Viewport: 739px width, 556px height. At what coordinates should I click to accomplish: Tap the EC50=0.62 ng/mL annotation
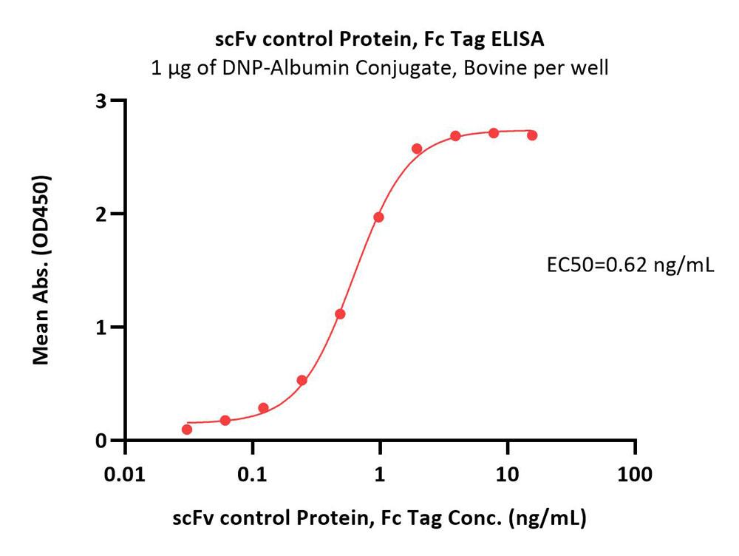point(629,265)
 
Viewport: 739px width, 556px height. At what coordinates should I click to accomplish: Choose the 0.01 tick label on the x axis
point(125,474)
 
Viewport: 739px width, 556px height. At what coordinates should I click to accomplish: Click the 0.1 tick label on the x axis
point(253,474)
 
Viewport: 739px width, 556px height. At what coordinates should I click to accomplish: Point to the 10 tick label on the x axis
point(507,474)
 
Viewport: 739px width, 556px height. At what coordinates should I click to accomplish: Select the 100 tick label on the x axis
point(635,474)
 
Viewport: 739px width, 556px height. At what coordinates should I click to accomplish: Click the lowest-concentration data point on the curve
point(187,430)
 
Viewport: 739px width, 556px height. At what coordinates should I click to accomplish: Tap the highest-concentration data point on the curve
point(532,135)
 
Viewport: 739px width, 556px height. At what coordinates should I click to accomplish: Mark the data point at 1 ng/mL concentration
point(378,217)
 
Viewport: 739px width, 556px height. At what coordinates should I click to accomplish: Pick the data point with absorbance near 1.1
point(340,314)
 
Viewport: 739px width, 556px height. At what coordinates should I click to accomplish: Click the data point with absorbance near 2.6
point(417,149)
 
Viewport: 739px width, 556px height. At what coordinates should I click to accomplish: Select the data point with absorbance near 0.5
point(302,381)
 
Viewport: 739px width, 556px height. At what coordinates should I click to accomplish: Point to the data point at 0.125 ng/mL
point(263,408)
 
